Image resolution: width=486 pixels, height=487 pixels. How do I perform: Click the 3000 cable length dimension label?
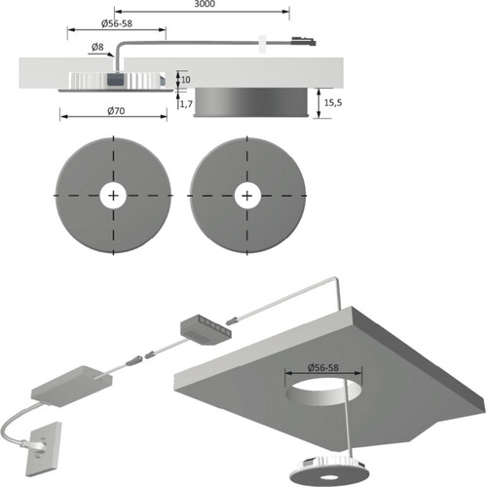tap(205, 4)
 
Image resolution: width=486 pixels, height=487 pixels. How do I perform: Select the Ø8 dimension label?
tap(97, 48)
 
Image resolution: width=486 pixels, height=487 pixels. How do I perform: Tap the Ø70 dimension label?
tap(116, 111)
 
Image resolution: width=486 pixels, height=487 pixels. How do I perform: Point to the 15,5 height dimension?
tap(333, 102)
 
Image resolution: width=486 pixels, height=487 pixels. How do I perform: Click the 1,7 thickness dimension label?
tap(186, 104)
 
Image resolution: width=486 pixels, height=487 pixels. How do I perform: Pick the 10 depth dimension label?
tap(185, 80)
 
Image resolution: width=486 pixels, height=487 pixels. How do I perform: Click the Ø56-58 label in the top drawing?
tap(117, 23)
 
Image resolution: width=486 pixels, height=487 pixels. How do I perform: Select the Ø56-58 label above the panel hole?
tap(322, 367)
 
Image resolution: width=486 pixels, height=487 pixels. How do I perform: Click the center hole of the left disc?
tap(113, 196)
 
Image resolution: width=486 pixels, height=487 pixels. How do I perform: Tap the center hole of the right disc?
tap(247, 196)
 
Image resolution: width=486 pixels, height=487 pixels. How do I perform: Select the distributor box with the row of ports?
tap(206, 330)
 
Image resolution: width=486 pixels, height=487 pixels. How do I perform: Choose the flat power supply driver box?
tap(72, 386)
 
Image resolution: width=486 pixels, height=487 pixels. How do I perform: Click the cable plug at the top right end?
tap(304, 42)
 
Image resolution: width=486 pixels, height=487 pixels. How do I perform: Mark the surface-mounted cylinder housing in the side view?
tap(250, 102)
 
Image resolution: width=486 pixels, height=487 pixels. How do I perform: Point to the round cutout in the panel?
tap(323, 392)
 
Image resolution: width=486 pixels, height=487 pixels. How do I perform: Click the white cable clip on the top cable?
tap(262, 44)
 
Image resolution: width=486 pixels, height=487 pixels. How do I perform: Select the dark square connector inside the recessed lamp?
tap(115, 81)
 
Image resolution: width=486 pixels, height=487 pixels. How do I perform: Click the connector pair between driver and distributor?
tap(139, 357)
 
